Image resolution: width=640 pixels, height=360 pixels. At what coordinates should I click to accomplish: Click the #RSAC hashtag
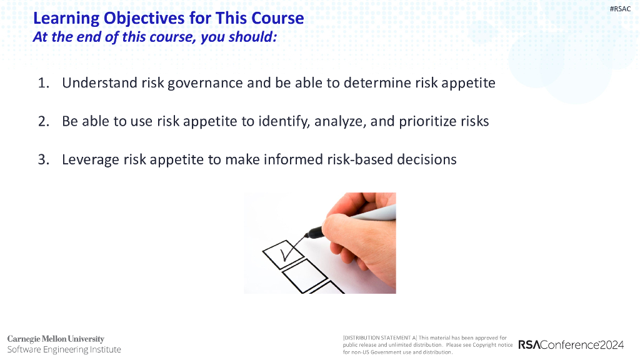[620, 9]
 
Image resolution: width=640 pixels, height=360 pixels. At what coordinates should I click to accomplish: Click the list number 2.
[43, 121]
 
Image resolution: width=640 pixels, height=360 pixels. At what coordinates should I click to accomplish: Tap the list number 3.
[43, 159]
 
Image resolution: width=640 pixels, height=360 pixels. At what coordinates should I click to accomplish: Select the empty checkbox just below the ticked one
[304, 276]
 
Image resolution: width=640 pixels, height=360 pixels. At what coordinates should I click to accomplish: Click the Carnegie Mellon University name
[56, 339]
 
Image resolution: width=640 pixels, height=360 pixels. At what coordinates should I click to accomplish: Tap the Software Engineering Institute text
[64, 349]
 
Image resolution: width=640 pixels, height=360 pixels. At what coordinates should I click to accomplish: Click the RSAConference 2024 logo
[571, 345]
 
